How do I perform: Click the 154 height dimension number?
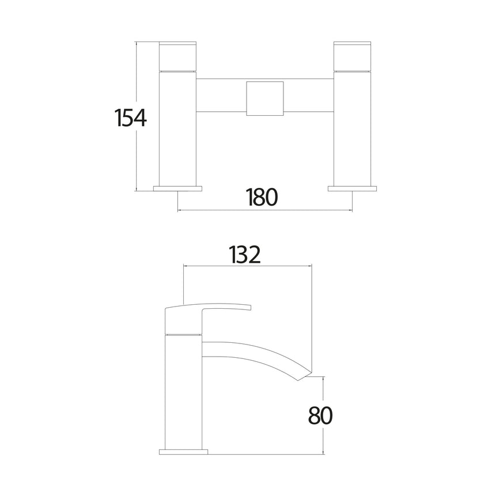click(x=131, y=118)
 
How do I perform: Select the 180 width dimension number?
click(x=262, y=197)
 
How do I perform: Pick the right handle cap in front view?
click(x=353, y=55)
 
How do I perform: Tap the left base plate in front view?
click(x=178, y=188)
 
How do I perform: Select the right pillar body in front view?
click(x=353, y=127)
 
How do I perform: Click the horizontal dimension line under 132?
click(x=247, y=266)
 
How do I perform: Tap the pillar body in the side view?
click(x=184, y=392)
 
